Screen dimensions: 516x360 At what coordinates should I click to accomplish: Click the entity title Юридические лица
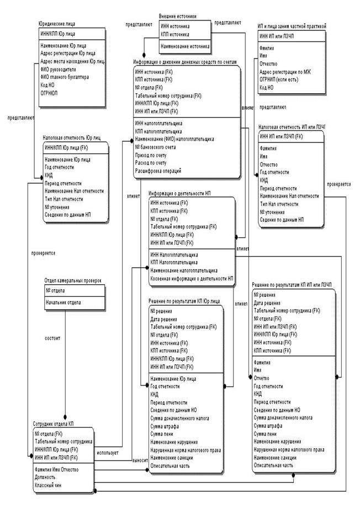click(57, 24)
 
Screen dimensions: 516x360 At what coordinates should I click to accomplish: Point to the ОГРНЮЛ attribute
click(50, 93)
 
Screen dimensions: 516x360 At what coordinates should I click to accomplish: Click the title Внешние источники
click(177, 17)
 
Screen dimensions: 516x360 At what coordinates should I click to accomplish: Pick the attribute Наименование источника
click(185, 47)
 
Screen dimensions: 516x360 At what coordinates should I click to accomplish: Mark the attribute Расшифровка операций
click(158, 171)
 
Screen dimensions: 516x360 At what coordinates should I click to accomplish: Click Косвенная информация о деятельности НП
click(192, 279)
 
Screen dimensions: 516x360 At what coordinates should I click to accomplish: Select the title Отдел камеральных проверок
click(73, 281)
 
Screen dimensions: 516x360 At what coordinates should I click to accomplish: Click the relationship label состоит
click(52, 337)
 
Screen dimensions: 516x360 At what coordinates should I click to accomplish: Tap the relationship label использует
click(108, 453)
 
